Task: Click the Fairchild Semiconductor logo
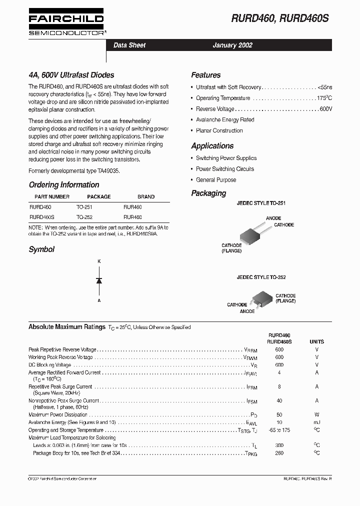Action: pyautogui.click(x=66, y=23)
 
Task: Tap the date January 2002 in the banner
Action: pyautogui.click(x=232, y=45)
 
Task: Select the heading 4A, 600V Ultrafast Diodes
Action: pyautogui.click(x=71, y=75)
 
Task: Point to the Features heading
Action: pyautogui.click(x=205, y=75)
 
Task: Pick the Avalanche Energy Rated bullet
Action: pyautogui.click(x=225, y=120)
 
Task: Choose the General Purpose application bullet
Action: pyautogui.click(x=216, y=180)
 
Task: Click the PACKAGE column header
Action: pyautogui.click(x=99, y=196)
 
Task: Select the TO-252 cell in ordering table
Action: pyautogui.click(x=84, y=217)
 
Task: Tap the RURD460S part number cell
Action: pyautogui.click(x=42, y=217)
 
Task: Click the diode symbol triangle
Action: pyautogui.click(x=99, y=280)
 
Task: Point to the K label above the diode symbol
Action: pyautogui.click(x=99, y=261)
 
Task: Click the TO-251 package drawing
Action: pyautogui.click(x=253, y=235)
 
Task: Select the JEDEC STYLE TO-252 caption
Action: pyautogui.click(x=261, y=277)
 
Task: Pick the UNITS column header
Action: pyautogui.click(x=316, y=341)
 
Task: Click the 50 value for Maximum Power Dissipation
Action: pyautogui.click(x=279, y=415)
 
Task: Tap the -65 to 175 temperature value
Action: pyautogui.click(x=279, y=430)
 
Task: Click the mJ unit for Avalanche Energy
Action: pyautogui.click(x=316, y=422)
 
